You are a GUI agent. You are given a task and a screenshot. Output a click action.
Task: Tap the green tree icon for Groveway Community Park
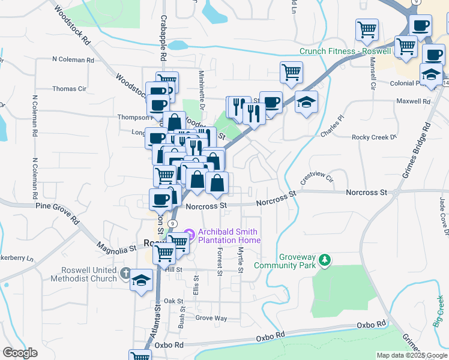(x=325, y=259)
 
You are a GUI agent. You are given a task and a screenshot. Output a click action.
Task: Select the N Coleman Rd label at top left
(x=73, y=60)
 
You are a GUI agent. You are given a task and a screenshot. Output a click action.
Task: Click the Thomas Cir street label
(x=69, y=89)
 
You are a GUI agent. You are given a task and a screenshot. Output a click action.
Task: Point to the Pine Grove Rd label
(x=57, y=212)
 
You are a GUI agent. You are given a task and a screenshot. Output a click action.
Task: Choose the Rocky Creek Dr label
(x=375, y=137)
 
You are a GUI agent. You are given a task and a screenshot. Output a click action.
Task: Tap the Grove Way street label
(x=211, y=318)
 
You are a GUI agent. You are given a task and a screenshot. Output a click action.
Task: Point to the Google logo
(x=20, y=353)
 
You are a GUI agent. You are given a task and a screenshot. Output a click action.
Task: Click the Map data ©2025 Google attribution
(x=411, y=355)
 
